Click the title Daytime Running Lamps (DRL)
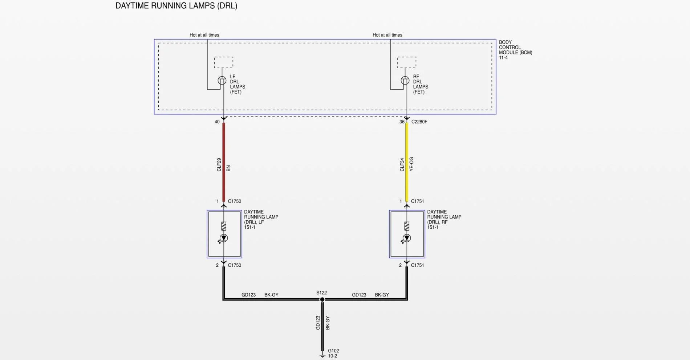(176, 6)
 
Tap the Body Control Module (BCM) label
(515, 50)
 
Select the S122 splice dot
(322, 299)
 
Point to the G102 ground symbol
(322, 355)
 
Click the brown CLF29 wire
(224, 162)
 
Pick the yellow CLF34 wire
(407, 162)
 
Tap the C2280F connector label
(419, 122)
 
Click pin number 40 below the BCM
(217, 122)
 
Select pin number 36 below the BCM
(402, 122)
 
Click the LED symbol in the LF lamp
(223, 238)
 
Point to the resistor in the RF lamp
(407, 226)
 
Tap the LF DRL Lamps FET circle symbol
(222, 81)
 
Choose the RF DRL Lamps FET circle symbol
(405, 81)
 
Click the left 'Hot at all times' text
(204, 35)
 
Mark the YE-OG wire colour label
(411, 164)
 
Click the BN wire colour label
(228, 168)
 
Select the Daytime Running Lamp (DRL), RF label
(444, 220)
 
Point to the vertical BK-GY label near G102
(328, 323)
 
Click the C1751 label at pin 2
(417, 265)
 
